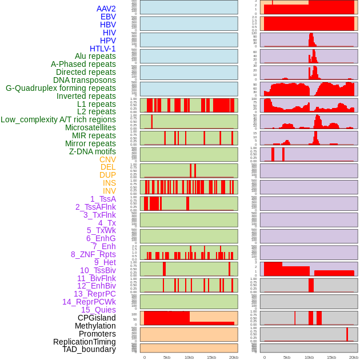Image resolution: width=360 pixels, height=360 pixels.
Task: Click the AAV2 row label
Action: [x=106, y=9]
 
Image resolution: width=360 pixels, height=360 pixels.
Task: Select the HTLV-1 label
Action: [x=102, y=49]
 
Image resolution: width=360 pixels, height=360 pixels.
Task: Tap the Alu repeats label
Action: [x=95, y=56]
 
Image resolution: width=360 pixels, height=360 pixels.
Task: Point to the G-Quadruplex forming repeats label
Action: [x=61, y=88]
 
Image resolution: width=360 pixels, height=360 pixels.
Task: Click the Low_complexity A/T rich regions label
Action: [x=58, y=119]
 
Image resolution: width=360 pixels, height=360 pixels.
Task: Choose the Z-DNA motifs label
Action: [x=92, y=151]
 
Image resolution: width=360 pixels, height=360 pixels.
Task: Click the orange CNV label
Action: [x=107, y=159]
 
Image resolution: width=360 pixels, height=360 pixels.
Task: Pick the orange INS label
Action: [x=109, y=183]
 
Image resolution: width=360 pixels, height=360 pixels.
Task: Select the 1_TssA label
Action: [x=103, y=199]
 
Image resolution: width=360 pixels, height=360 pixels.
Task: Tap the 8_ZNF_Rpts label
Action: [x=93, y=254]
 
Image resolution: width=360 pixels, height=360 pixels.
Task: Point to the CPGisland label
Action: [x=97, y=318]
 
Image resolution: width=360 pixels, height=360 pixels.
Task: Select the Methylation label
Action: [x=95, y=326]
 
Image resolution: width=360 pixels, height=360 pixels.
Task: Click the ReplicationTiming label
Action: [x=84, y=342]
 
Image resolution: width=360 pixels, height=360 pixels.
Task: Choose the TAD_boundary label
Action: [x=89, y=349]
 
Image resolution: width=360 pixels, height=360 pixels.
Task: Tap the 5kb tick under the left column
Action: [x=167, y=357]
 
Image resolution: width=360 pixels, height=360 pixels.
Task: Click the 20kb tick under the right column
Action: [x=354, y=357]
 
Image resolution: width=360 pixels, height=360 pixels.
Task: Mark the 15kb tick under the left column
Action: [x=211, y=357]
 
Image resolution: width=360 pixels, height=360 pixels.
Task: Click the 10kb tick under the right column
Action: [x=309, y=357]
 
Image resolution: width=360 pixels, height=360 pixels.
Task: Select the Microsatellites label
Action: [x=90, y=127]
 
